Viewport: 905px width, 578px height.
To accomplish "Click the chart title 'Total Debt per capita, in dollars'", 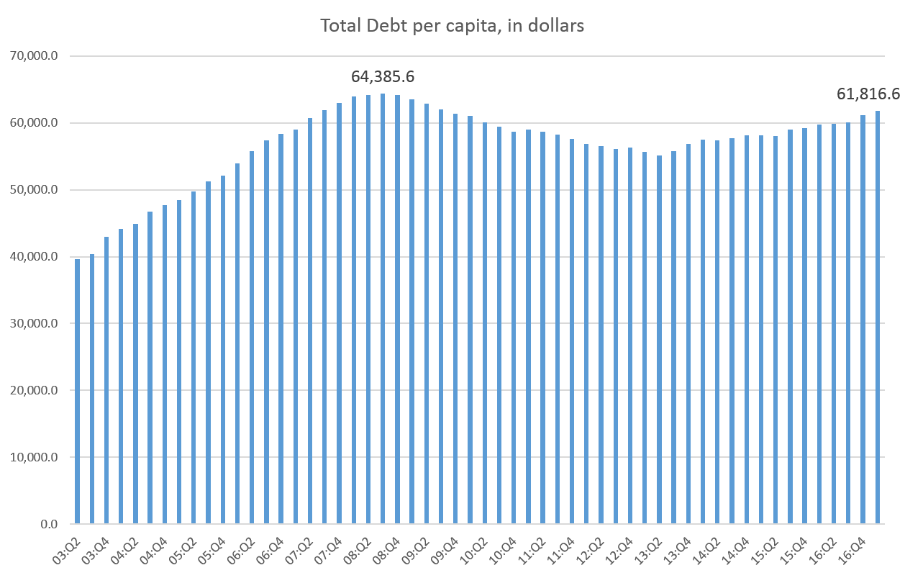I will click(452, 27).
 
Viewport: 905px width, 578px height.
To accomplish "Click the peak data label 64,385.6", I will click(383, 76).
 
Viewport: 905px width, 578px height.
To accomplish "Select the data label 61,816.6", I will click(868, 94).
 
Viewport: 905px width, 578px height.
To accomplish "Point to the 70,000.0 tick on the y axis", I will click(37, 56).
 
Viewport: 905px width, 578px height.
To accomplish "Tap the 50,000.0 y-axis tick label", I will click(37, 190).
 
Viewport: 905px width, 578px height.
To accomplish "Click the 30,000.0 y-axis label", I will click(37, 324).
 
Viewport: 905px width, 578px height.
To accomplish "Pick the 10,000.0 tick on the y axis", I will click(37, 458).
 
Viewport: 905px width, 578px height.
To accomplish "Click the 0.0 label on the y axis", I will click(50, 525).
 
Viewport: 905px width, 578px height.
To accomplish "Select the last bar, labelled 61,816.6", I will click(878, 317).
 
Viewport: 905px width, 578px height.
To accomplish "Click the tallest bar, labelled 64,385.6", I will click(383, 310).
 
